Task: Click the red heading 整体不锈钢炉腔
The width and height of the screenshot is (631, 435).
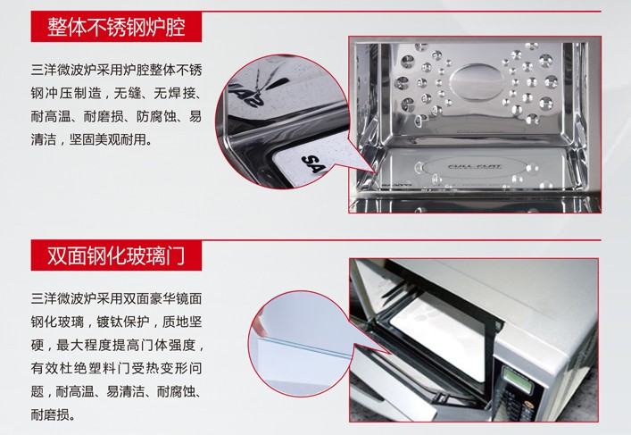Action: (116, 27)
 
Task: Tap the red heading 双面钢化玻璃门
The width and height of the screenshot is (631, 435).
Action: (116, 255)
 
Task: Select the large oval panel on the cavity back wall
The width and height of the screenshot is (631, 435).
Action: (477, 83)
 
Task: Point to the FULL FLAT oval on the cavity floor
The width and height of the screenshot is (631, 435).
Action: (474, 167)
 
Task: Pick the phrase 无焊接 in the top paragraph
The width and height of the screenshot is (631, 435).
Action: (174, 94)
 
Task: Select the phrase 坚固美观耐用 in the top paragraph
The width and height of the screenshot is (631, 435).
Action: (107, 139)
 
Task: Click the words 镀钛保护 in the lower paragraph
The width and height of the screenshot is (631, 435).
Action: (123, 322)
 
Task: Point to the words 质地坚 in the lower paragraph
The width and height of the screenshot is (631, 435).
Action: (182, 322)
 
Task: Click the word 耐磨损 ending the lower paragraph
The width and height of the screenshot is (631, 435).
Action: (50, 414)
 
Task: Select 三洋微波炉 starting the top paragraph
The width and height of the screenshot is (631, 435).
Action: (63, 71)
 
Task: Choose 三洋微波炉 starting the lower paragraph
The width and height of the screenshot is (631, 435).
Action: (63, 299)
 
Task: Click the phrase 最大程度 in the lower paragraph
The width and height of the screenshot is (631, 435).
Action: (83, 345)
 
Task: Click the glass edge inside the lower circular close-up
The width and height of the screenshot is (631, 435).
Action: (302, 347)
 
